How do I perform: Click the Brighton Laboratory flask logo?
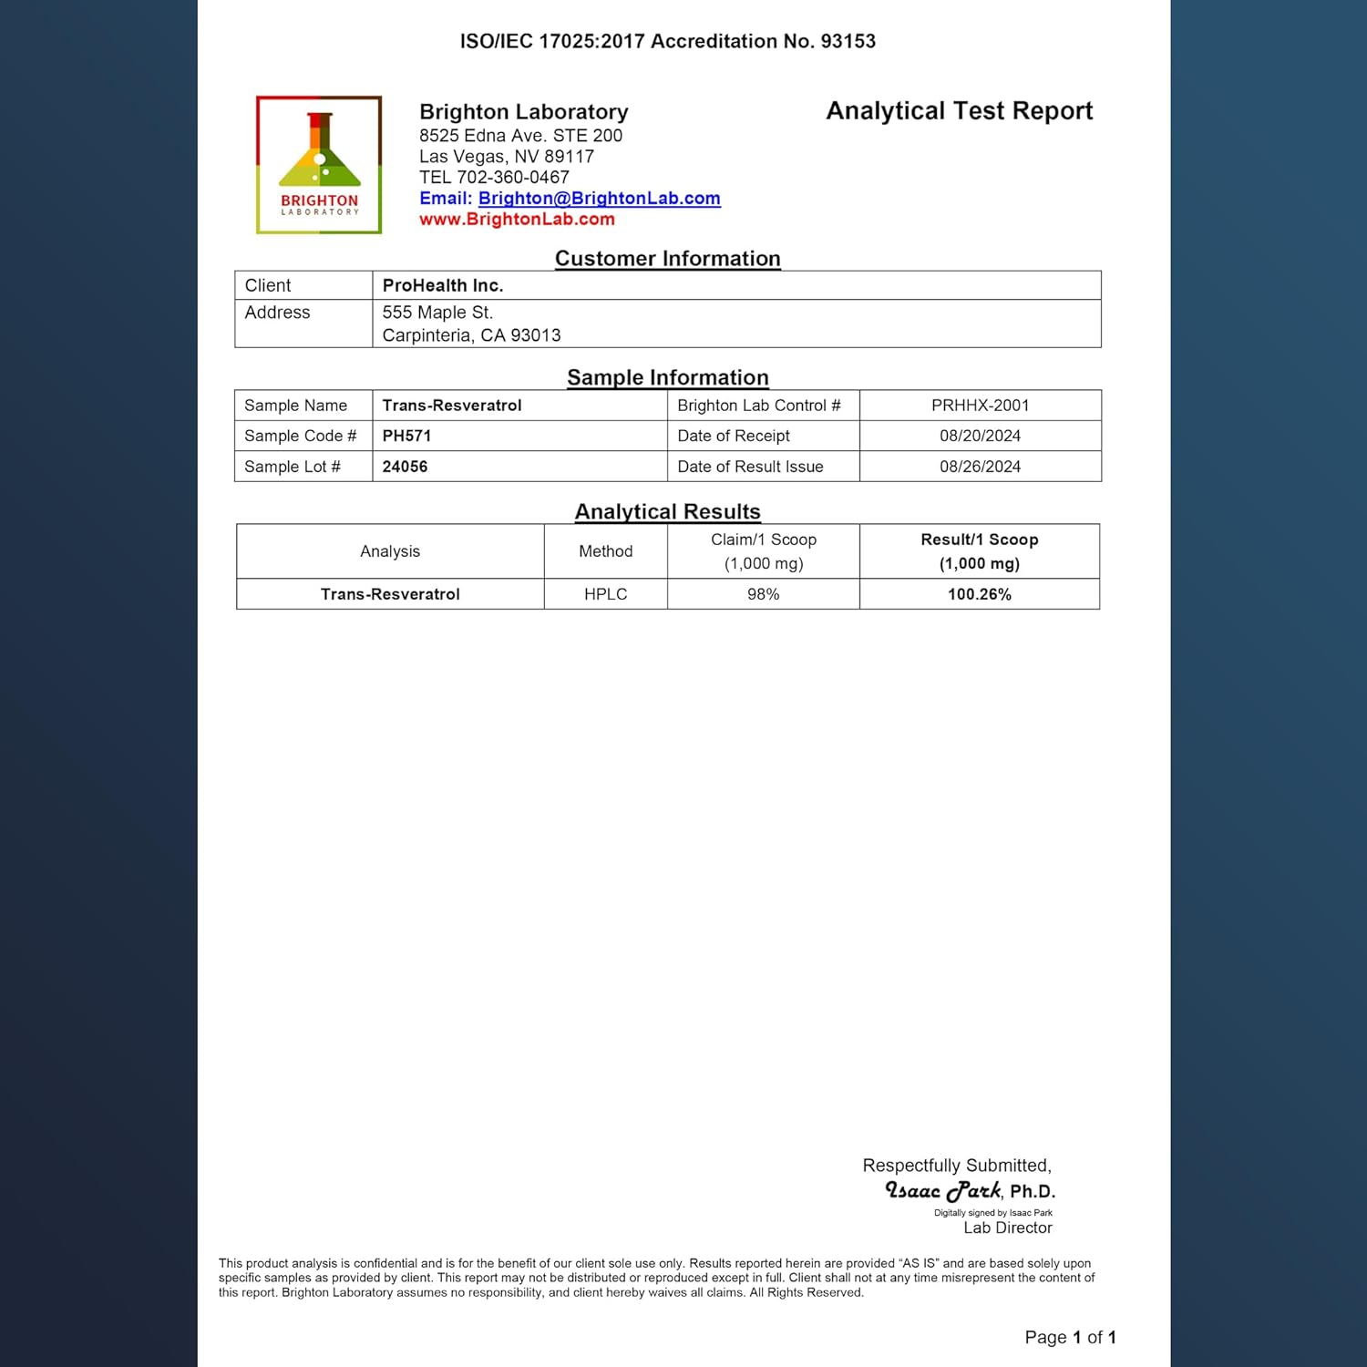[319, 164]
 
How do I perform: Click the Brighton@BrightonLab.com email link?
[599, 199]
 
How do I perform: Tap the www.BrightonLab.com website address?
[517, 220]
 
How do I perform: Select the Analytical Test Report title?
[959, 111]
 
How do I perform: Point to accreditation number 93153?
[848, 41]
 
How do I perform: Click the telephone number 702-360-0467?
[512, 178]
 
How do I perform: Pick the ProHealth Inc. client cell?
[443, 285]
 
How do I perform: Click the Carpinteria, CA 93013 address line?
[471, 335]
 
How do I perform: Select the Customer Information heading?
[667, 259]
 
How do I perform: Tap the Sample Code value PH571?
[406, 436]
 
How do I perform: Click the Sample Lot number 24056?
[405, 467]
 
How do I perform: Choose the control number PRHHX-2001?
[980, 406]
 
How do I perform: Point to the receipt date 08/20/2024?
[980, 436]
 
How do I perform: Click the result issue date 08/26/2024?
[980, 467]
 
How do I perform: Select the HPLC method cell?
[605, 594]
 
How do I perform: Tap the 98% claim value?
[763, 594]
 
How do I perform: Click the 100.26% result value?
[979, 594]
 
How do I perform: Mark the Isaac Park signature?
[943, 1190]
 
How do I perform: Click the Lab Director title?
[1007, 1228]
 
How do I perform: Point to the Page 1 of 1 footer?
[1070, 1337]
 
